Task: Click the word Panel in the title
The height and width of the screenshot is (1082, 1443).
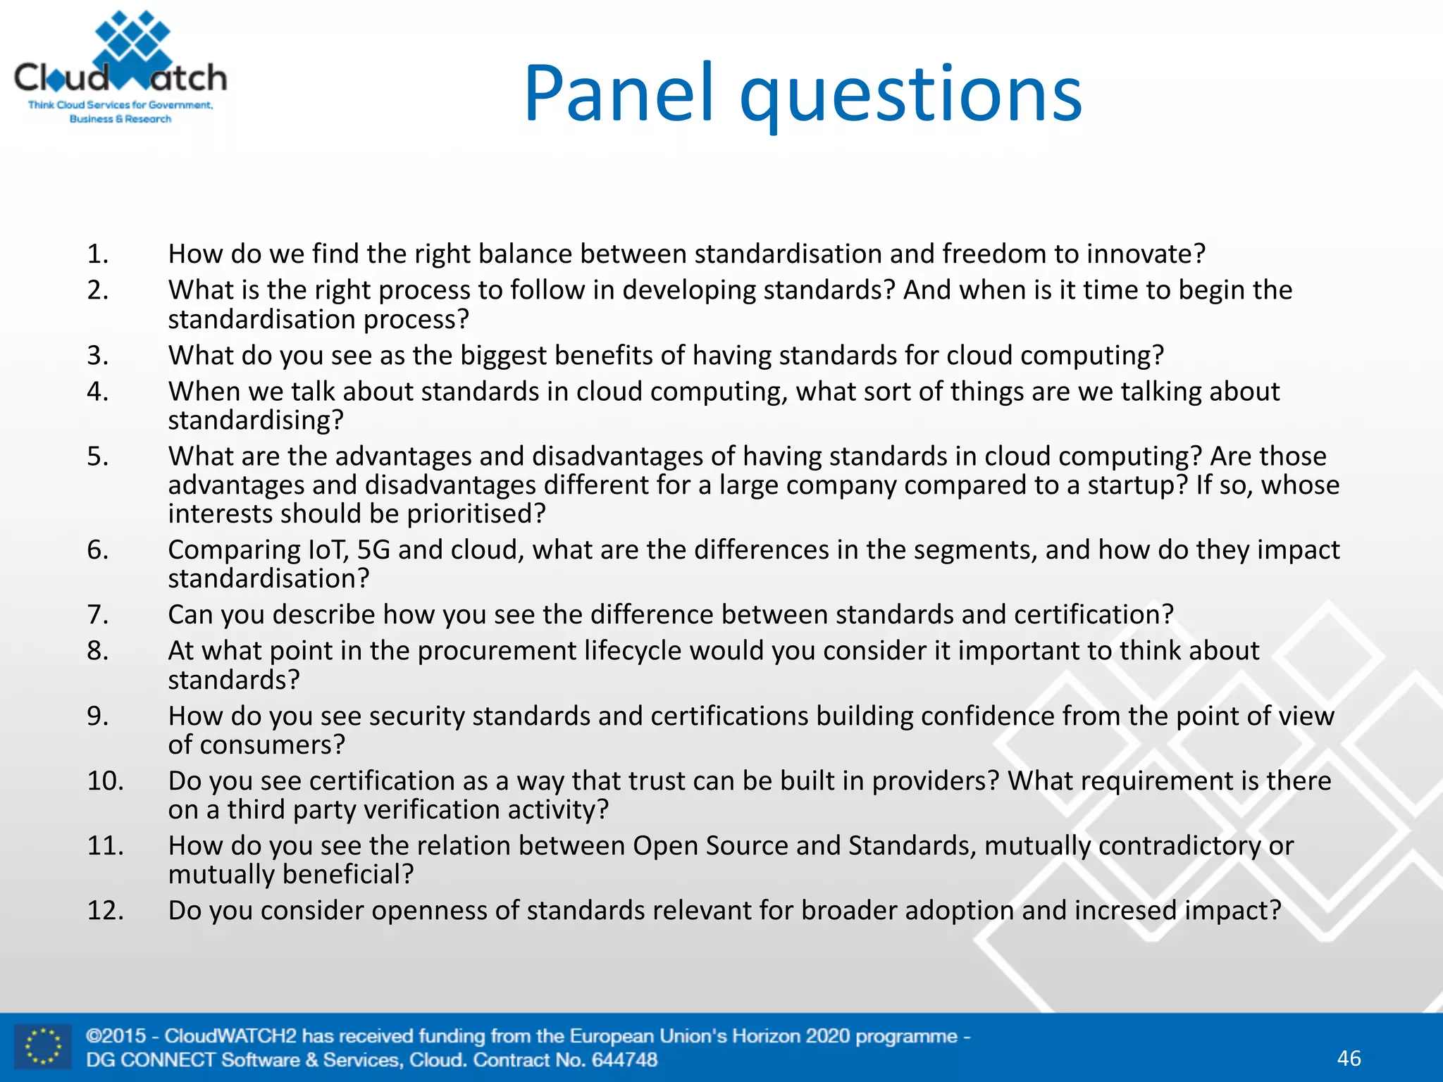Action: (619, 93)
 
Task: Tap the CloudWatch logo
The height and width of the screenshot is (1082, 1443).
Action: (120, 68)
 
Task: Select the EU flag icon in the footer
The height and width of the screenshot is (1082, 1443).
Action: (43, 1047)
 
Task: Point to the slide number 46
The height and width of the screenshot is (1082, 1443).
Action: (1349, 1058)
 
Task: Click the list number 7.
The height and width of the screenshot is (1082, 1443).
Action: (97, 615)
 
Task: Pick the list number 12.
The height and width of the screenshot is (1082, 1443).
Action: (105, 911)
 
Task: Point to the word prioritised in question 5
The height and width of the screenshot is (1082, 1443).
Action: (476, 514)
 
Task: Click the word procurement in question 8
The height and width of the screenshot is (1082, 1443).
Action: (497, 651)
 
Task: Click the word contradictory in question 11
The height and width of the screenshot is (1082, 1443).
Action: (1179, 846)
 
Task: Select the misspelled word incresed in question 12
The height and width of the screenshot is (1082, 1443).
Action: (1125, 911)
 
